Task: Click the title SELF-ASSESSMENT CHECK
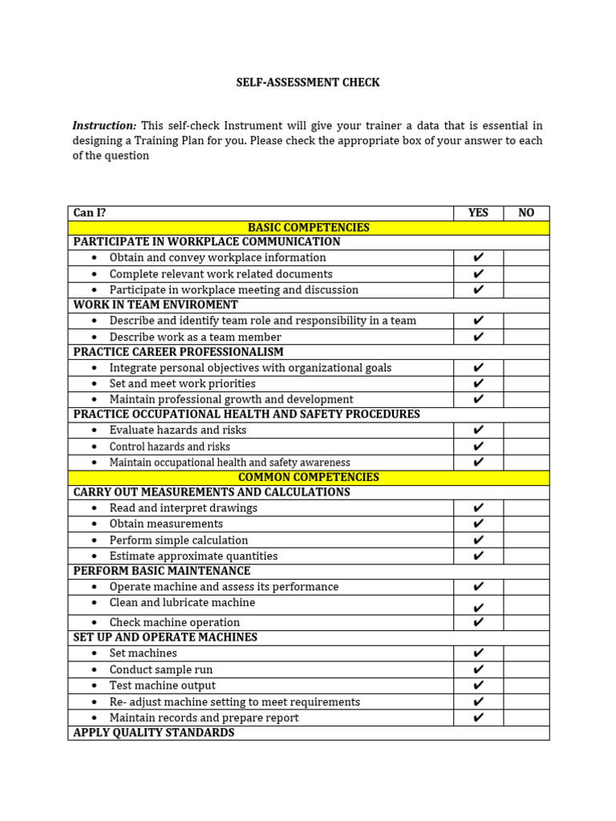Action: pyautogui.click(x=308, y=83)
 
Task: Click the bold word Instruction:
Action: pyautogui.click(x=104, y=126)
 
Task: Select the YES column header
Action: pyautogui.click(x=478, y=213)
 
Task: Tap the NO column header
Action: pyautogui.click(x=526, y=213)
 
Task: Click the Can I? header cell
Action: pyautogui.click(x=90, y=213)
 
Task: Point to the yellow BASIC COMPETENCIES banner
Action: pyautogui.click(x=308, y=228)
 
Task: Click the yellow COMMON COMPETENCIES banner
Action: pyautogui.click(x=308, y=477)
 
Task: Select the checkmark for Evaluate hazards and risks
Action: pyautogui.click(x=479, y=431)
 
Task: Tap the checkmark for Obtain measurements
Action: pyautogui.click(x=479, y=524)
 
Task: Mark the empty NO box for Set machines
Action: pyautogui.click(x=526, y=653)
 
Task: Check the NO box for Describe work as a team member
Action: pyautogui.click(x=526, y=337)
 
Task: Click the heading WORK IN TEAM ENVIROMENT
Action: pyautogui.click(x=156, y=305)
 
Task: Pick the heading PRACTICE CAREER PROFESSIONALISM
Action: pyautogui.click(x=178, y=352)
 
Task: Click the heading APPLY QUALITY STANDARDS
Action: pyautogui.click(x=154, y=733)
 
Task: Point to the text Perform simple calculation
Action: pyautogui.click(x=179, y=540)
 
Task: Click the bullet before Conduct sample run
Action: pyautogui.click(x=94, y=670)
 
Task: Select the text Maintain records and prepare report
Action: pyautogui.click(x=204, y=718)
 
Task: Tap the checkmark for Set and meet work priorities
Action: pyautogui.click(x=479, y=384)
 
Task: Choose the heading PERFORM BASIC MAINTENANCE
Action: pyautogui.click(x=162, y=571)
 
